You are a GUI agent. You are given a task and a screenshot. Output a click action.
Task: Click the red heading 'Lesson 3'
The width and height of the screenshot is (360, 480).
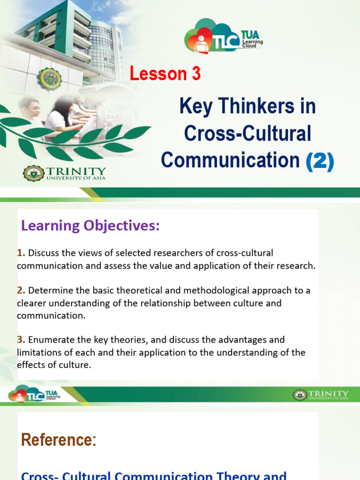pyautogui.click(x=165, y=74)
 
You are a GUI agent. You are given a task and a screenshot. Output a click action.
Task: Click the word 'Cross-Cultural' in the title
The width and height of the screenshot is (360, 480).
pyautogui.click(x=247, y=134)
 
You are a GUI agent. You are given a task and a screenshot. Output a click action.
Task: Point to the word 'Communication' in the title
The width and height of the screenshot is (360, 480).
pyautogui.click(x=230, y=160)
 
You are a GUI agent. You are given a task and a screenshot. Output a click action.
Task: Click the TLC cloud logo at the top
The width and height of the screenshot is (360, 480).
pyautogui.click(x=223, y=37)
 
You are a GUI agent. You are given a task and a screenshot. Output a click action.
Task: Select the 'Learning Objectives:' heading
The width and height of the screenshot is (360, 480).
pyautogui.click(x=90, y=225)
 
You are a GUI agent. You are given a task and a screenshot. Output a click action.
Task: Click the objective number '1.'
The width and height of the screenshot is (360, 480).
pyautogui.click(x=21, y=253)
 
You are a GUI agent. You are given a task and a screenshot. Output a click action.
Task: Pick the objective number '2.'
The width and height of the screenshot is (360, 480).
pyautogui.click(x=21, y=291)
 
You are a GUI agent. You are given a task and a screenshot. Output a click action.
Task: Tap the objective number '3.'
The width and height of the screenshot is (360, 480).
pyautogui.click(x=21, y=339)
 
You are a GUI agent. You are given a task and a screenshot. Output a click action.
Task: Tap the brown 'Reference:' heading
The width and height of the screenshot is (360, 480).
pyautogui.click(x=59, y=440)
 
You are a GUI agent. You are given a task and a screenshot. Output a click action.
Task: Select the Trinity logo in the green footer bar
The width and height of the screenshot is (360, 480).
pyautogui.click(x=321, y=395)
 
